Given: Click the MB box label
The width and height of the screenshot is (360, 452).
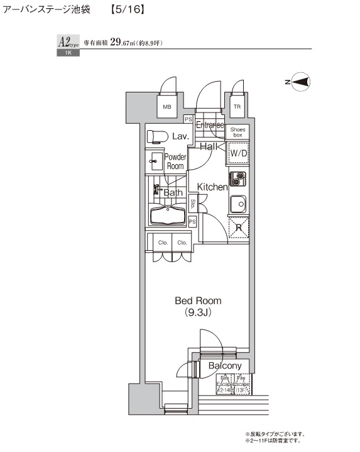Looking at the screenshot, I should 167,107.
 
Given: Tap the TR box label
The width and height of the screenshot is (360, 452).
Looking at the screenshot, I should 237,107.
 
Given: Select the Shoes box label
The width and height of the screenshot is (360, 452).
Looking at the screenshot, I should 237,131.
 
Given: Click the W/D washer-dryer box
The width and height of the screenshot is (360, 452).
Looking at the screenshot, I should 237,153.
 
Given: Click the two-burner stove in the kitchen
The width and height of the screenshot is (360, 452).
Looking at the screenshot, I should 237,179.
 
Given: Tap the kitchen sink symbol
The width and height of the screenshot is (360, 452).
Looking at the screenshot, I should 237,204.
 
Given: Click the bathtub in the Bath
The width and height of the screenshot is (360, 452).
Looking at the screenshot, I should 170,215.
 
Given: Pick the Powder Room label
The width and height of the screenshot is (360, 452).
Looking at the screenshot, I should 175,162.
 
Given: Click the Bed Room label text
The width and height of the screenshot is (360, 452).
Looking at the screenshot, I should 198,301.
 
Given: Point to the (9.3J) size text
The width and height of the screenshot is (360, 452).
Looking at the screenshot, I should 198,312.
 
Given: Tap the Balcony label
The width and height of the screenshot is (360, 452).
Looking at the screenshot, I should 224,366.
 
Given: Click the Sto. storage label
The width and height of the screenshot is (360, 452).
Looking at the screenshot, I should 193,204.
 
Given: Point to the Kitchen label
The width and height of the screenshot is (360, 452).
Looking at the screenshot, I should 212,187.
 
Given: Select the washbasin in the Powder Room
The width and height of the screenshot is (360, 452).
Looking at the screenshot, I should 155,162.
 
